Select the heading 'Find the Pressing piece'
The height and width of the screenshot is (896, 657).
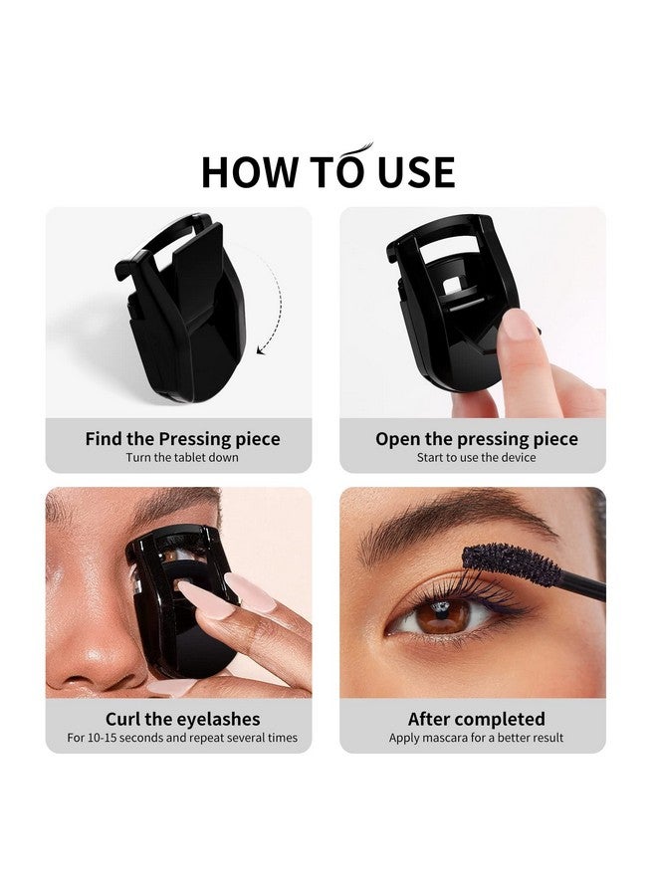(x=182, y=439)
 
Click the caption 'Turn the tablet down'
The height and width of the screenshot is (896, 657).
(x=182, y=458)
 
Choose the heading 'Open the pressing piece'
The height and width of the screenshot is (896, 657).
(x=476, y=439)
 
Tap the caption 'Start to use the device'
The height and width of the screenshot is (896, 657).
(x=476, y=458)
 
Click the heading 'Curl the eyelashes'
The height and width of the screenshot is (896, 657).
(x=182, y=719)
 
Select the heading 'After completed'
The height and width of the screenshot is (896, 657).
(x=476, y=719)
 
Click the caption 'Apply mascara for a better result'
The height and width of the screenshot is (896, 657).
(x=476, y=738)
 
